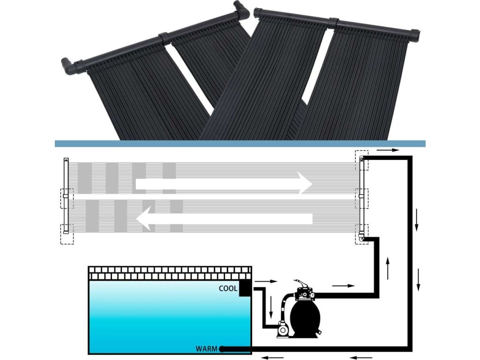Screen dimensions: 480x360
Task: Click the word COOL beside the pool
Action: point(228,289)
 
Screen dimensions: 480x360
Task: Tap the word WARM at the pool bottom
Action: point(206,349)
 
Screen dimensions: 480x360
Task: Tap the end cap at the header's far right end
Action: point(415,36)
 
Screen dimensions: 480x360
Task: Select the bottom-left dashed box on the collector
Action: point(67,234)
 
